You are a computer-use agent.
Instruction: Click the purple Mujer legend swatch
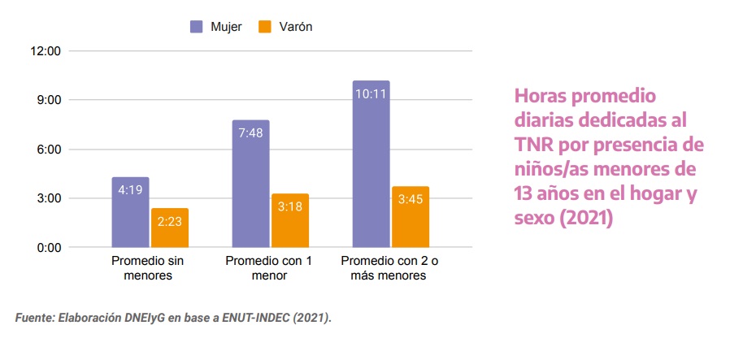pos(197,27)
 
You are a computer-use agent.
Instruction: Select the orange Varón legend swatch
pos(265,27)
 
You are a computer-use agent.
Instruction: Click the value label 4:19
pos(131,190)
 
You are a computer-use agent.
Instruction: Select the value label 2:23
pos(170,221)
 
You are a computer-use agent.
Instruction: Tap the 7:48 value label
pos(250,133)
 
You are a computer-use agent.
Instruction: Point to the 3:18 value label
pos(290,206)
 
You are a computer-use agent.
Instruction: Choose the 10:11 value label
pos(371,93)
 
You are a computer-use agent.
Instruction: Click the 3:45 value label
pos(411,199)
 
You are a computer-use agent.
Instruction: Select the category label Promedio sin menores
pos(147,268)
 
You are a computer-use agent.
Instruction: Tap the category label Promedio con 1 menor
pos(269,268)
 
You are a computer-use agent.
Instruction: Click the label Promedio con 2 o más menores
pos(388,268)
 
